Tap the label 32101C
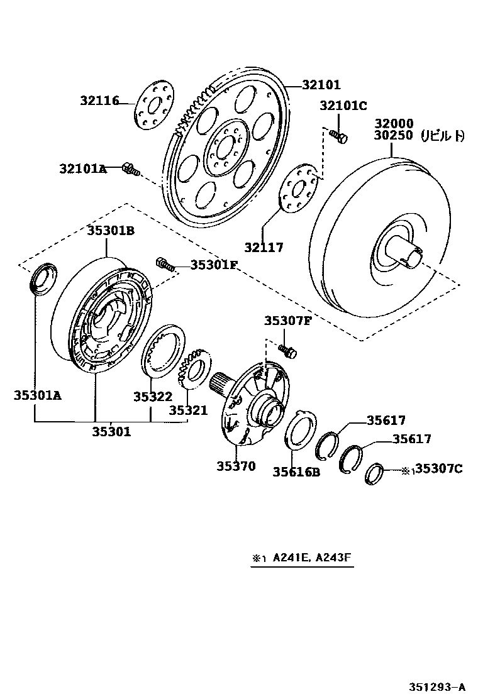tap(343, 106)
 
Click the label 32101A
tap(84, 168)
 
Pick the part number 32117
tap(264, 248)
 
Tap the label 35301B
tap(111, 230)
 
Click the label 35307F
tap(287, 321)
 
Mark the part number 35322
tap(152, 397)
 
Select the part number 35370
tap(236, 466)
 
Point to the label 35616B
tap(296, 471)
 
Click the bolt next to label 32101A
tap(131, 168)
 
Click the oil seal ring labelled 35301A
tap(43, 279)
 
